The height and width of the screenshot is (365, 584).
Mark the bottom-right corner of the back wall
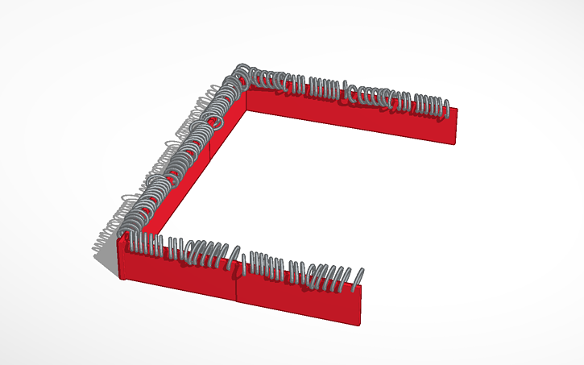coord(456,145)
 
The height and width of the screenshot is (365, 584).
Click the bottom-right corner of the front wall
coord(358,325)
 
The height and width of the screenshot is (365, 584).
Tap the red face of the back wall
coord(354,117)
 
